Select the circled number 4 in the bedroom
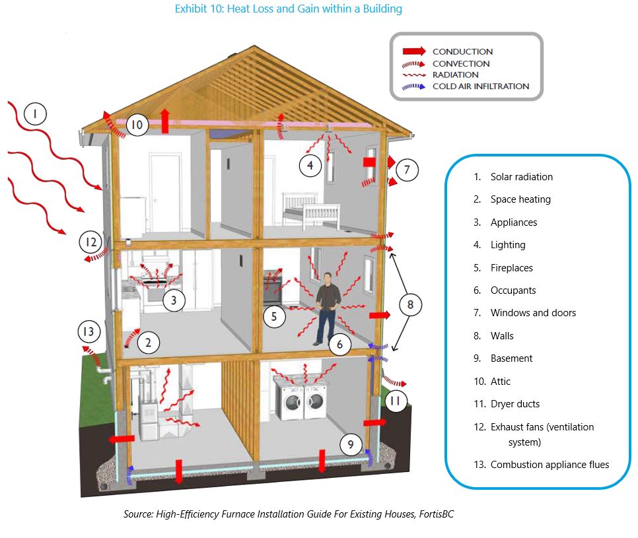pyautogui.click(x=310, y=165)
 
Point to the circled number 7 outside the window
pyautogui.click(x=408, y=170)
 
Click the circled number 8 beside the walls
pyautogui.click(x=410, y=304)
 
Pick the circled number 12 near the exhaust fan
pyautogui.click(x=91, y=242)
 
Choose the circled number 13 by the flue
pyautogui.click(x=89, y=331)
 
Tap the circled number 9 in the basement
pyautogui.click(x=351, y=445)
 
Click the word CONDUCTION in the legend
pyautogui.click(x=462, y=51)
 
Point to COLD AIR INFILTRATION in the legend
pyautogui.click(x=480, y=86)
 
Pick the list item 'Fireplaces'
pyautogui.click(x=511, y=268)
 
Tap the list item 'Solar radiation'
pyautogui.click(x=521, y=177)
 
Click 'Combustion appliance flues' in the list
pyautogui.click(x=549, y=465)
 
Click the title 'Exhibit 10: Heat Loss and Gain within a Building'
pyautogui.click(x=288, y=9)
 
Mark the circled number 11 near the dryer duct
pyautogui.click(x=394, y=401)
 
